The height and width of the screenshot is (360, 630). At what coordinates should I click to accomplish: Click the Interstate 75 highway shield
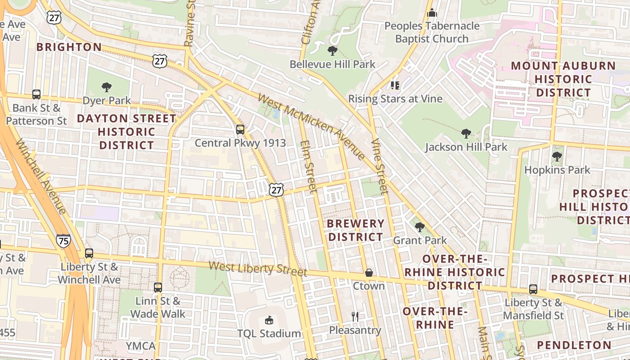(x=63, y=241)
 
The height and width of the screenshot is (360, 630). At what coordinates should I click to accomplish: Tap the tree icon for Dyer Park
(x=107, y=87)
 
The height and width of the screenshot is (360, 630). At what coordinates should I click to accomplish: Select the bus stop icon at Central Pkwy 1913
(x=240, y=130)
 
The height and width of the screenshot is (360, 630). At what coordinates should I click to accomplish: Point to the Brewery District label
(x=355, y=230)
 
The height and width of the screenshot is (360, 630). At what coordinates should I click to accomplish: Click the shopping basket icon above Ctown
(x=369, y=273)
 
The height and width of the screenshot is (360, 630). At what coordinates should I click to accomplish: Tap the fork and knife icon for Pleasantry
(x=355, y=316)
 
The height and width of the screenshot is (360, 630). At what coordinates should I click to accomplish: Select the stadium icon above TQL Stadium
(x=269, y=320)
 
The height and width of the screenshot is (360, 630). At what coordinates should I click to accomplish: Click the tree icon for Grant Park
(x=420, y=227)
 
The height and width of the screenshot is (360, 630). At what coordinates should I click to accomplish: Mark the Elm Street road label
(x=309, y=166)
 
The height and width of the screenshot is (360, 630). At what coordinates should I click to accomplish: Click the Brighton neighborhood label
(x=69, y=47)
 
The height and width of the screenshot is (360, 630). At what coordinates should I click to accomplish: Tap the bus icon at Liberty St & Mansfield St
(x=533, y=289)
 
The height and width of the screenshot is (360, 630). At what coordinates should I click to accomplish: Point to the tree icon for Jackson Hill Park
(x=466, y=133)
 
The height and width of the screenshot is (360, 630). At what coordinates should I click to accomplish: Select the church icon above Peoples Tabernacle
(x=432, y=13)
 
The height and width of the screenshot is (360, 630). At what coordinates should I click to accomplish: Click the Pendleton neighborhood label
(x=574, y=345)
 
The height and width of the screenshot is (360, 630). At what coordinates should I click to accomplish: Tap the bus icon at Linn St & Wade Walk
(x=157, y=287)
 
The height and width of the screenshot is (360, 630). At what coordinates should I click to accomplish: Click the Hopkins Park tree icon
(x=557, y=157)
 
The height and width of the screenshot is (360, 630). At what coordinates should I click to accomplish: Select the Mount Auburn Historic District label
(x=563, y=79)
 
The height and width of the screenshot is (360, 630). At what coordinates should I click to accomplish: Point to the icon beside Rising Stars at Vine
(x=395, y=85)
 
